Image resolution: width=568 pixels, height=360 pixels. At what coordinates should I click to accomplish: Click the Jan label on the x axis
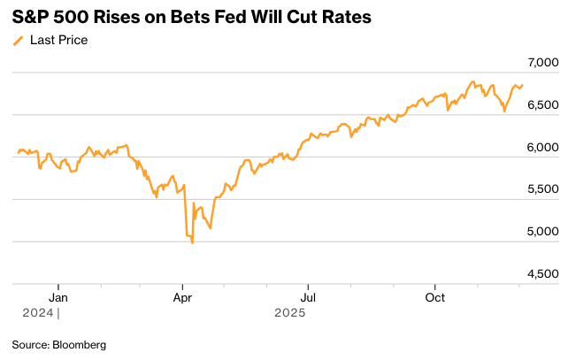pyautogui.click(x=58, y=298)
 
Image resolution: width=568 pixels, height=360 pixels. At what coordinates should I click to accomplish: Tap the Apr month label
pyautogui.click(x=182, y=298)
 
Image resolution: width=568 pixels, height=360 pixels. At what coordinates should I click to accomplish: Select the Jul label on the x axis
pyautogui.click(x=307, y=298)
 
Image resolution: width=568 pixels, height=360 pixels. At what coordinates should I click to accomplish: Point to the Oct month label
pyautogui.click(x=434, y=298)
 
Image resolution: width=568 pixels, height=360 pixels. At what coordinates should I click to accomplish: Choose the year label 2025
pyautogui.click(x=289, y=312)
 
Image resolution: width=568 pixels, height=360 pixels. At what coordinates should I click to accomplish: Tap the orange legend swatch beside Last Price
pyautogui.click(x=18, y=41)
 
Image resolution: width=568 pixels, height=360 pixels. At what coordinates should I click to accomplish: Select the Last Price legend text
pyautogui.click(x=58, y=40)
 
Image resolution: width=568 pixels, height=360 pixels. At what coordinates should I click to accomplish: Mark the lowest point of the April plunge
pyautogui.click(x=193, y=242)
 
